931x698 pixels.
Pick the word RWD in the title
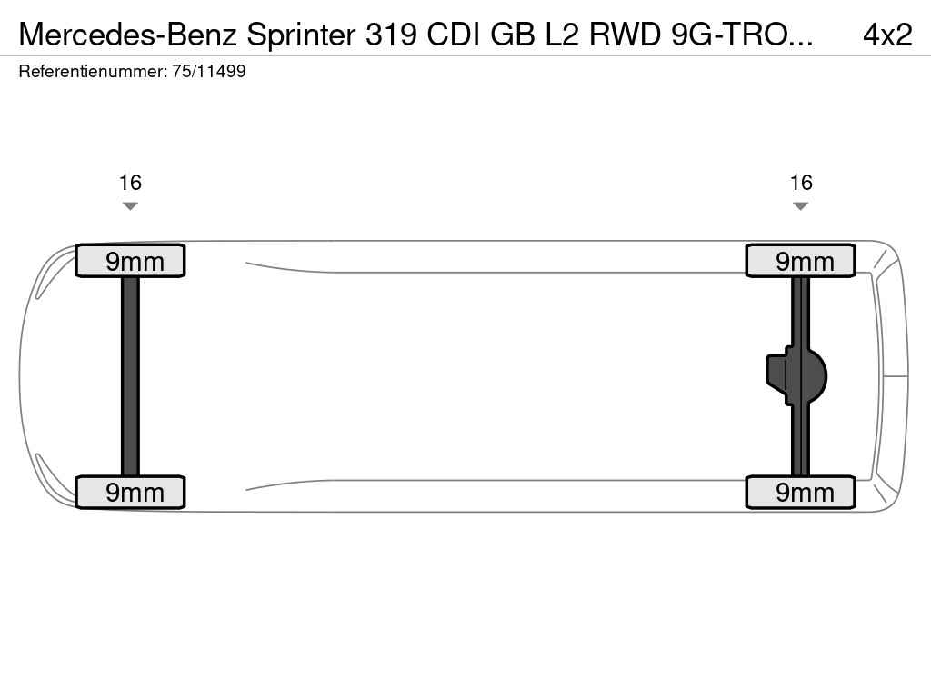tap(627, 35)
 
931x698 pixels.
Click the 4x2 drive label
tap(887, 35)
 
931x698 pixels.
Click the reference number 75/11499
tap(208, 72)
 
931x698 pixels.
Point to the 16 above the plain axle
tap(130, 183)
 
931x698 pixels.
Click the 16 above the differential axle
tap(800, 183)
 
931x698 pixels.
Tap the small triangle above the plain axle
tap(130, 206)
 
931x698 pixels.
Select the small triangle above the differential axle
tap(800, 206)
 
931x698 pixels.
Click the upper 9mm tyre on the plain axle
tap(130, 261)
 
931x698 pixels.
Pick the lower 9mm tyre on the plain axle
tap(130, 492)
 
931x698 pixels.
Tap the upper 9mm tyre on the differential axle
tap(800, 261)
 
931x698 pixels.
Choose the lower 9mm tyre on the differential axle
tap(800, 492)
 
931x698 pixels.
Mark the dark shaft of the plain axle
tap(130, 376)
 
